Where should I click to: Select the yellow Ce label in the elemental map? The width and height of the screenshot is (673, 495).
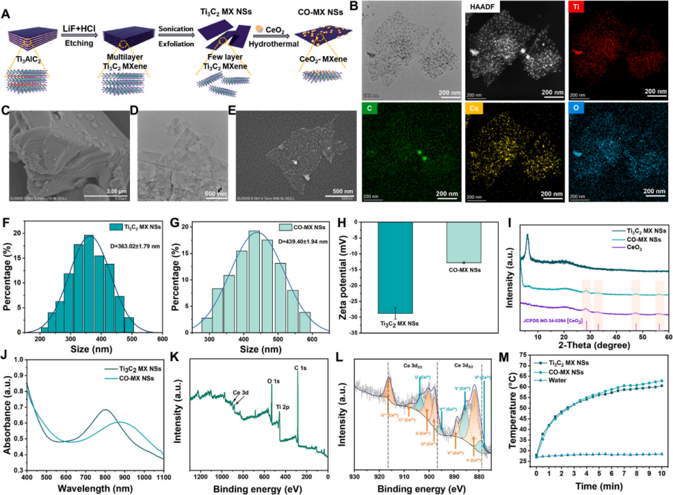(475, 110)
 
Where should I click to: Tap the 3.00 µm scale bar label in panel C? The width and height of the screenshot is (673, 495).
(97, 190)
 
